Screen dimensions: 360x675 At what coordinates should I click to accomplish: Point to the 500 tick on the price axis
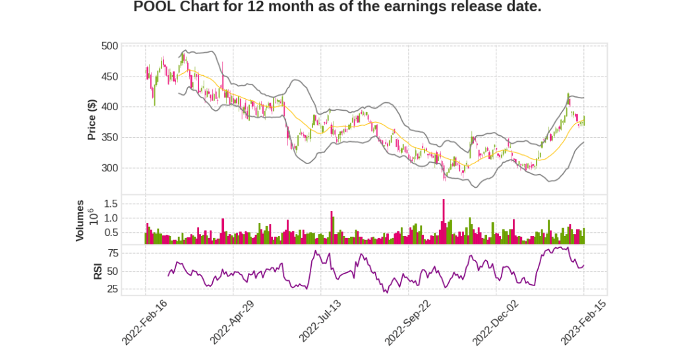coord(109,46)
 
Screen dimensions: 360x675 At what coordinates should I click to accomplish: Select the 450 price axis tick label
coord(109,76)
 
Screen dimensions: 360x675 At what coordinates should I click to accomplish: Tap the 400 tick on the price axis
coord(109,107)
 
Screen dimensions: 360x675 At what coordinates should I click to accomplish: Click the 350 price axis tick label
coord(109,137)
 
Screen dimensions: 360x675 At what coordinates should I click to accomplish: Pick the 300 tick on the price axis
coord(109,168)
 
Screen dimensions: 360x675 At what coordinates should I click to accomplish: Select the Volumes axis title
coord(80,220)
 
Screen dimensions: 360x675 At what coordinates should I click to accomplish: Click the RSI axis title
coord(97,270)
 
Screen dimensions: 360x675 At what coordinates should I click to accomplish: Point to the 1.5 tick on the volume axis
coord(111,203)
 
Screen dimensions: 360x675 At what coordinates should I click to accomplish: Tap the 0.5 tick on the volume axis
coord(111,232)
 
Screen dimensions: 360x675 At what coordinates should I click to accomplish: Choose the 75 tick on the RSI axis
coord(113,253)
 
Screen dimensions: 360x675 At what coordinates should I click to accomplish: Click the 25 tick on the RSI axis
coord(113,289)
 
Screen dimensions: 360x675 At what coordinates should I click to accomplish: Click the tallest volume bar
coord(444,221)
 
